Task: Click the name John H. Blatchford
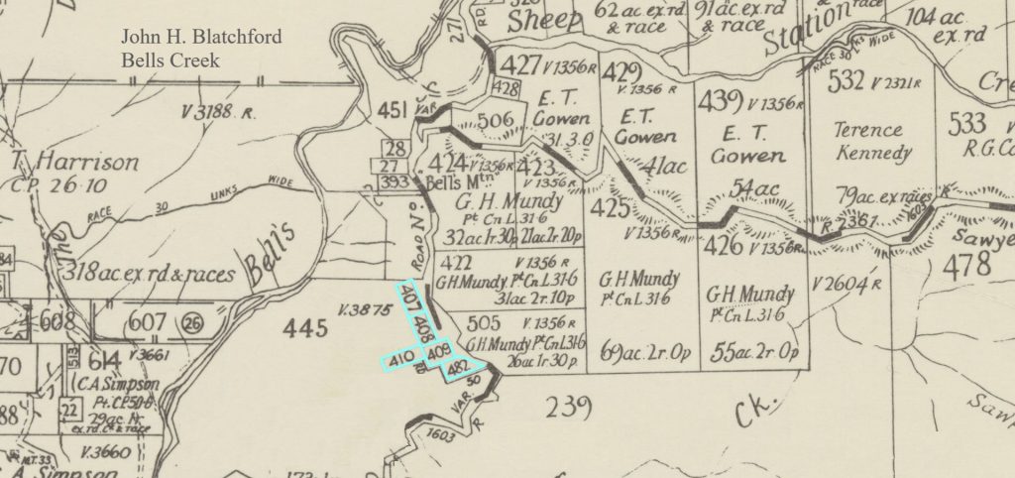[x=201, y=38]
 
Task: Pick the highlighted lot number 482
[x=459, y=369]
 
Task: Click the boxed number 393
[x=395, y=181]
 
